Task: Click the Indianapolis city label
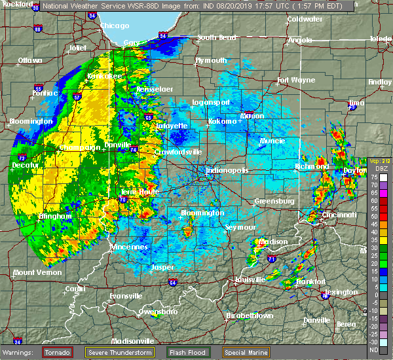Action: pos(227,170)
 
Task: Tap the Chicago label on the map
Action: pos(115,26)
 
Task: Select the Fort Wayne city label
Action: pos(291,81)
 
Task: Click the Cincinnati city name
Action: pos(339,214)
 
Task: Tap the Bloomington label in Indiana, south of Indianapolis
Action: pos(202,213)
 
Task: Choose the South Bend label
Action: pos(215,37)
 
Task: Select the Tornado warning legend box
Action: pos(58,351)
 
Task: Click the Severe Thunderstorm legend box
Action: pos(119,351)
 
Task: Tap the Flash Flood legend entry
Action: pos(189,351)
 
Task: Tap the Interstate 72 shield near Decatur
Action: pos(21,159)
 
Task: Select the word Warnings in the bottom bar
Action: pos(20,351)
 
